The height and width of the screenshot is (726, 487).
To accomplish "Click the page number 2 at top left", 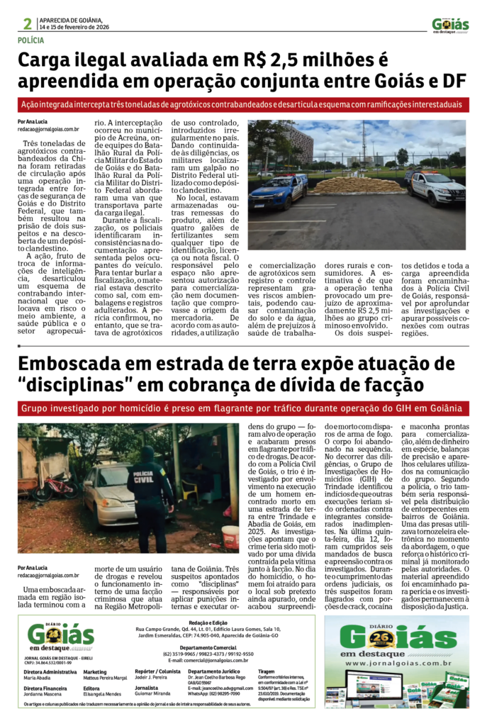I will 27,24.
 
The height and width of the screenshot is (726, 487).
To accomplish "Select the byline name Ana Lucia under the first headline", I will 38,122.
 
